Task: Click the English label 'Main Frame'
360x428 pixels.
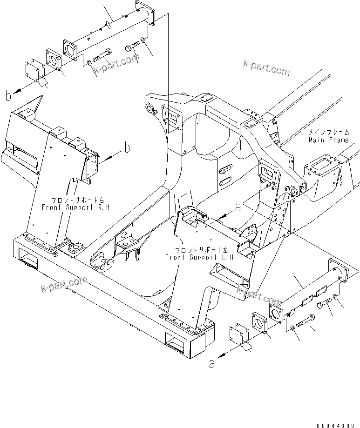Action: click(x=328, y=140)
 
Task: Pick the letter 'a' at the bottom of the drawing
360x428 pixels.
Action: click(x=212, y=364)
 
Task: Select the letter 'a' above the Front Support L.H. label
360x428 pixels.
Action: click(x=238, y=207)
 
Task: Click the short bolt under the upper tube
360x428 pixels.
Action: click(x=132, y=47)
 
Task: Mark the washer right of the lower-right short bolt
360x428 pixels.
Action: click(x=336, y=299)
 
